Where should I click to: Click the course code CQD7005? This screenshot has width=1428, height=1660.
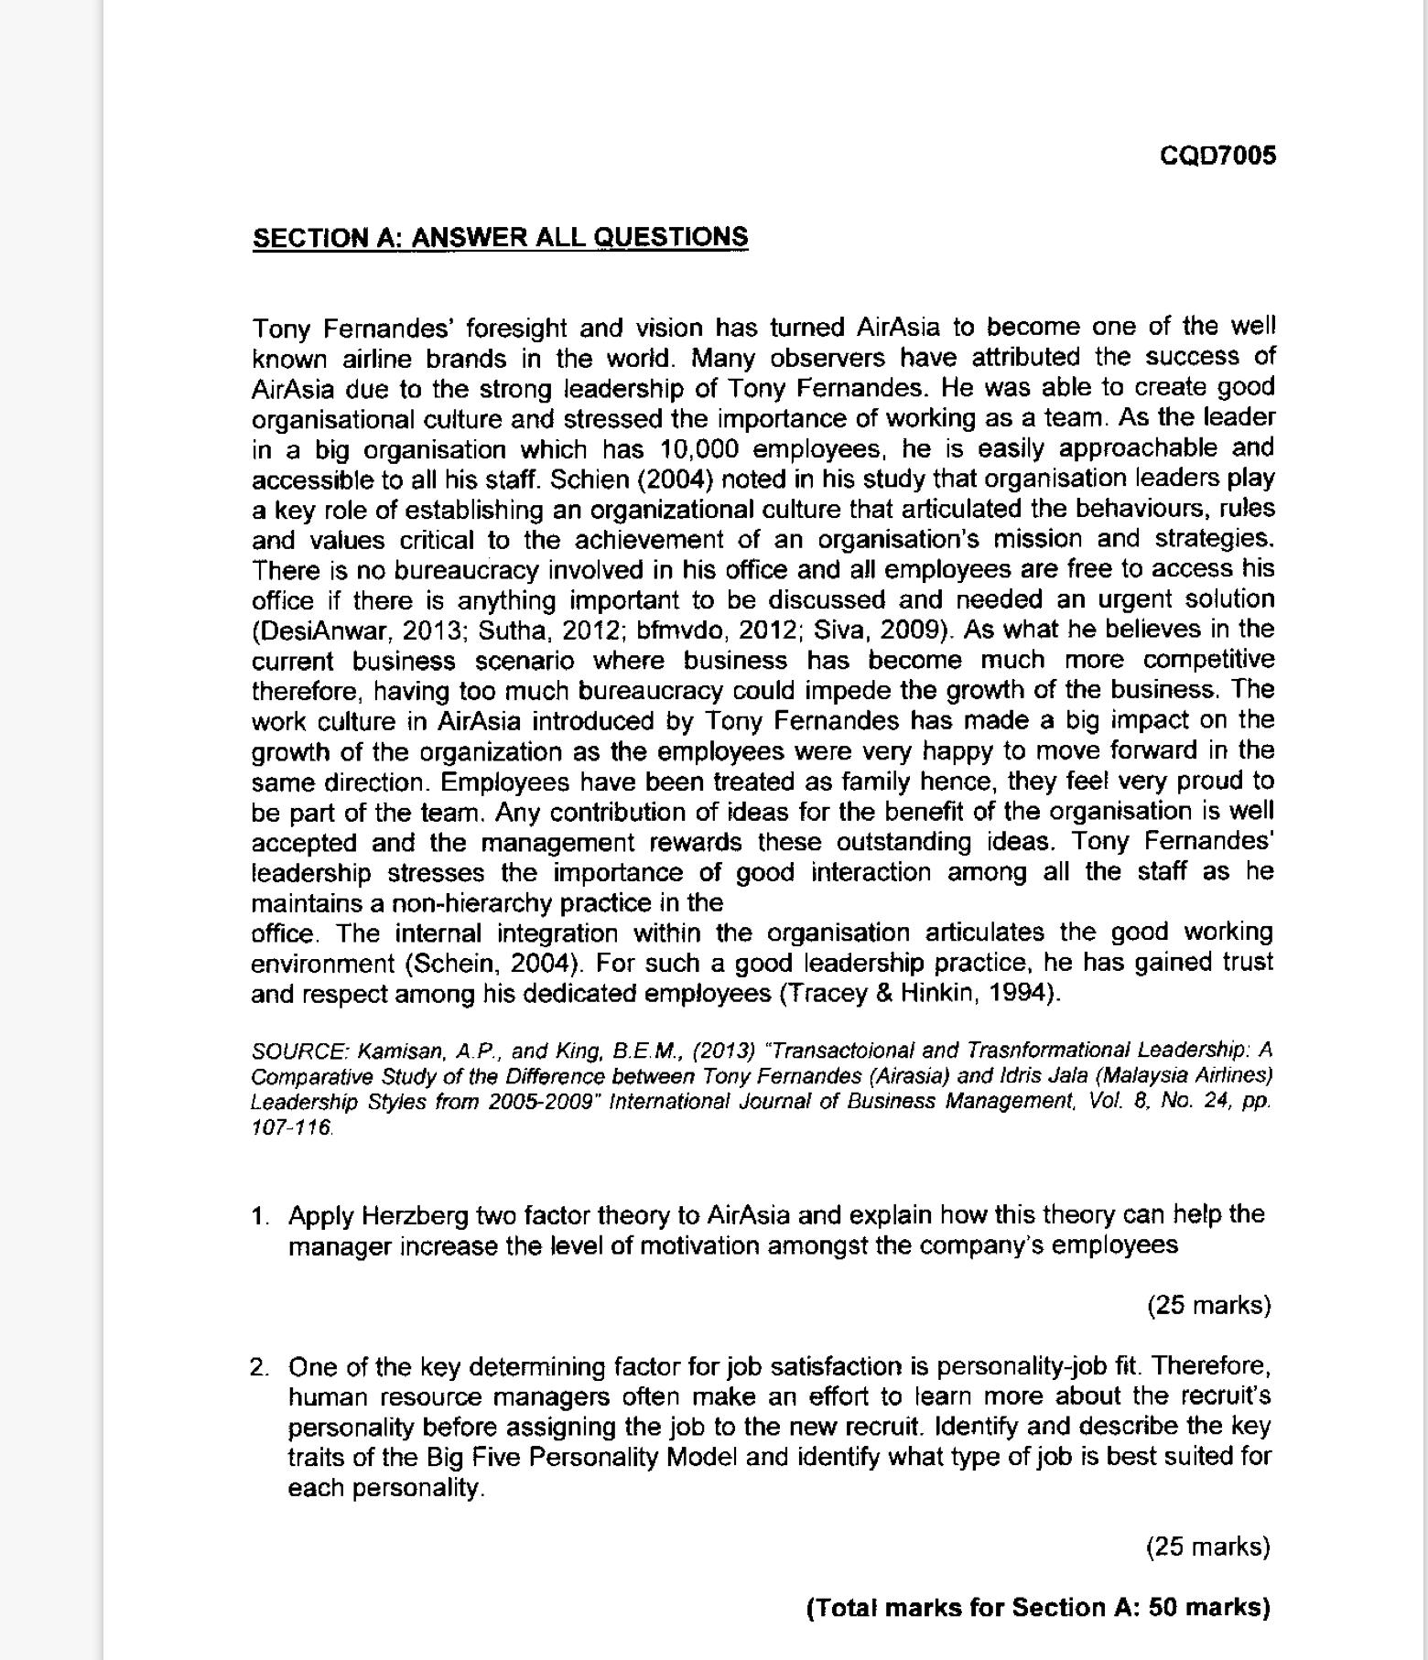(x=1217, y=156)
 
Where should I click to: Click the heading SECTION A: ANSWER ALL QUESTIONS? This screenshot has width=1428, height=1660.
(x=500, y=237)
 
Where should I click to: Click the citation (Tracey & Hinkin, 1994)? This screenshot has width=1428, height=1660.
(x=919, y=994)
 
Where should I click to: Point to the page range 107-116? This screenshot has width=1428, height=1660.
(x=292, y=1127)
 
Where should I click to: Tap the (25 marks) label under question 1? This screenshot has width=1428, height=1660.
(x=1208, y=1305)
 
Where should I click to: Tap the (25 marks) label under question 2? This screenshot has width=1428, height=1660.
(x=1208, y=1547)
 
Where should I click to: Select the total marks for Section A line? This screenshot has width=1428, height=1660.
(x=1038, y=1608)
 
